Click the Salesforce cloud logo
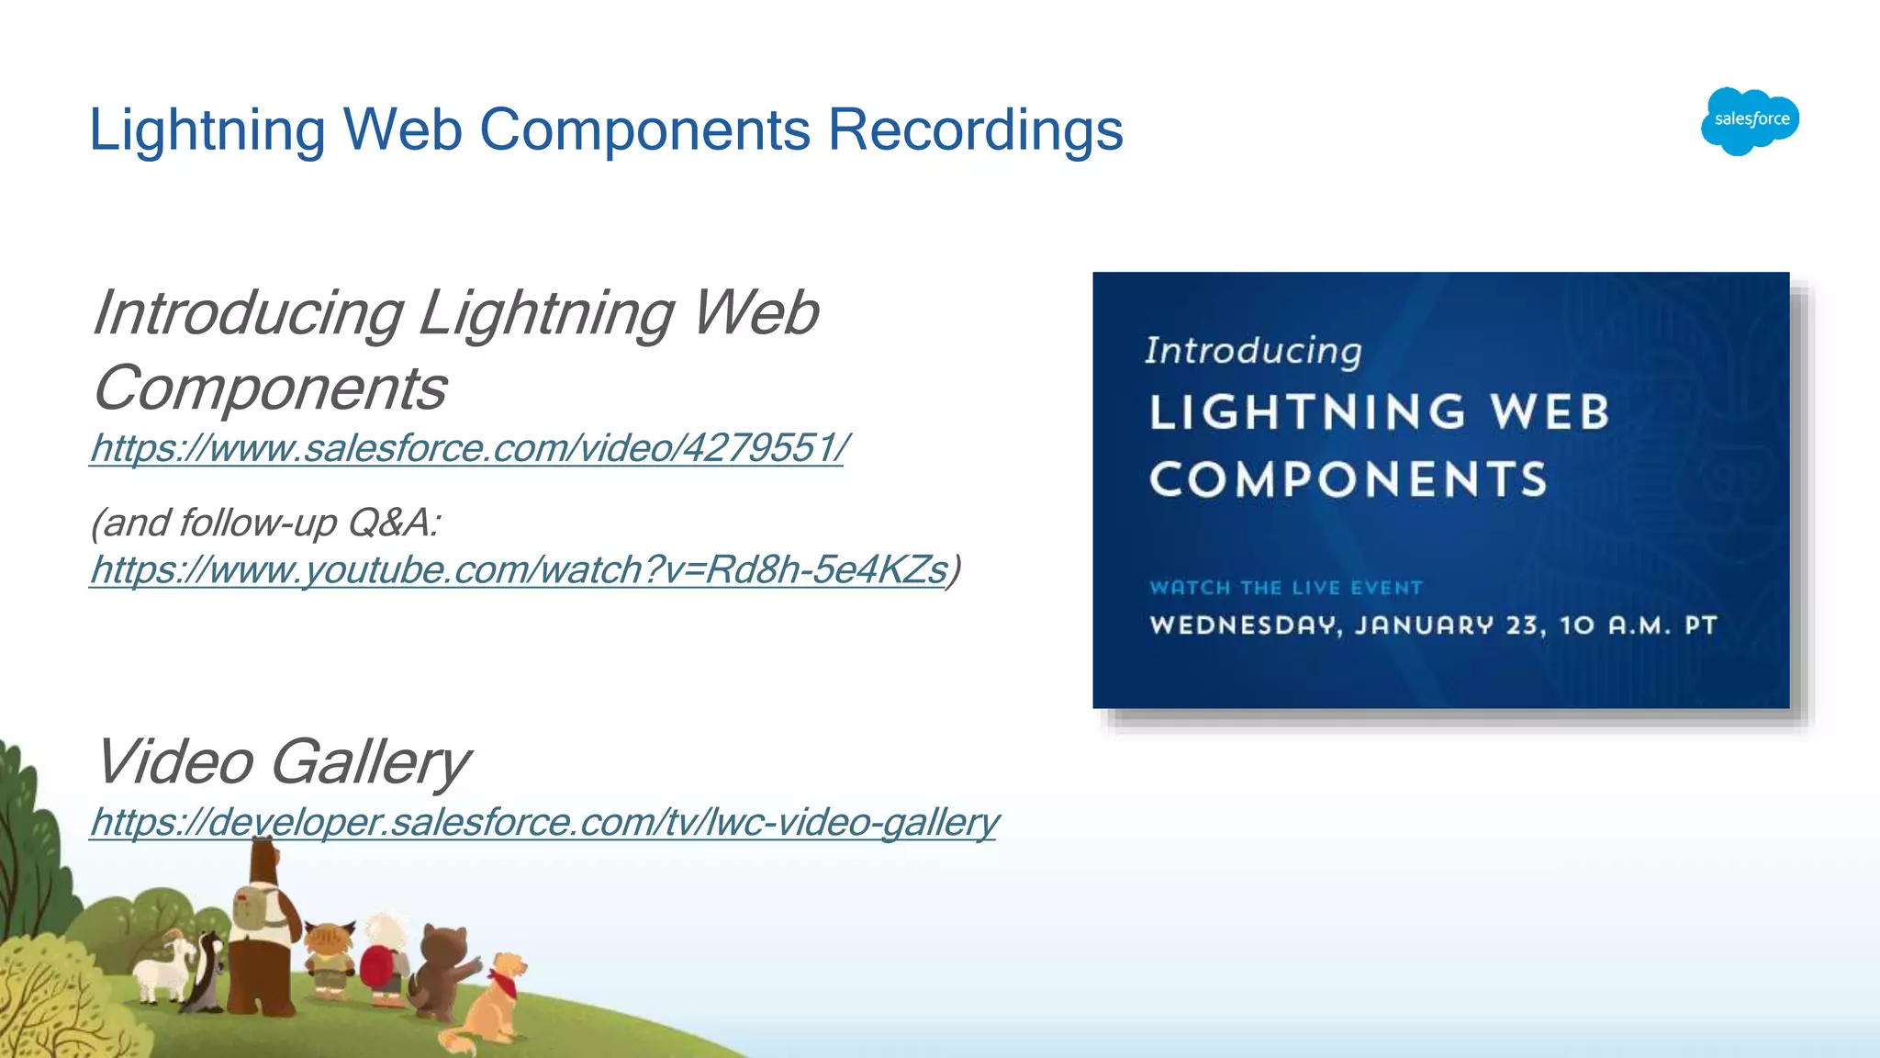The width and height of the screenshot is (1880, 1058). (x=1750, y=120)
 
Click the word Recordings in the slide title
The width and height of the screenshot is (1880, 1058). (x=975, y=129)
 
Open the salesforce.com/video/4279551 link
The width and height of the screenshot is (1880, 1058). (x=467, y=448)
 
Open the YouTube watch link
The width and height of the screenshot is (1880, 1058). (x=518, y=569)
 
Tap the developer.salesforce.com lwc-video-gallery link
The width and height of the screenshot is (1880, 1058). (x=543, y=821)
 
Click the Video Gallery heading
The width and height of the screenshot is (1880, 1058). (x=282, y=761)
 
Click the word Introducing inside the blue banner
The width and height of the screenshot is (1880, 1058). (x=1253, y=351)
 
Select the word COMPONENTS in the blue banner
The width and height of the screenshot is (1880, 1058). (x=1348, y=479)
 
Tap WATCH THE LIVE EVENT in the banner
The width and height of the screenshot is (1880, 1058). (x=1285, y=588)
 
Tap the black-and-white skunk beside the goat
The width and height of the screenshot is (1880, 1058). (x=207, y=974)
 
